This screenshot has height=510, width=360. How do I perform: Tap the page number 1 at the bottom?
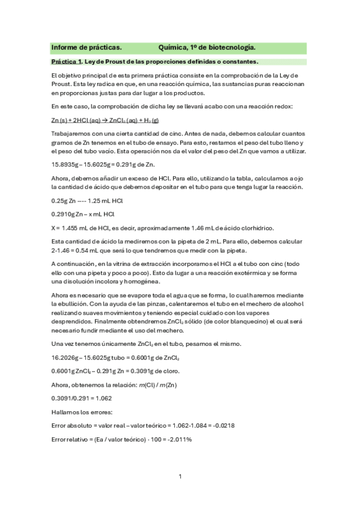(180, 476)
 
